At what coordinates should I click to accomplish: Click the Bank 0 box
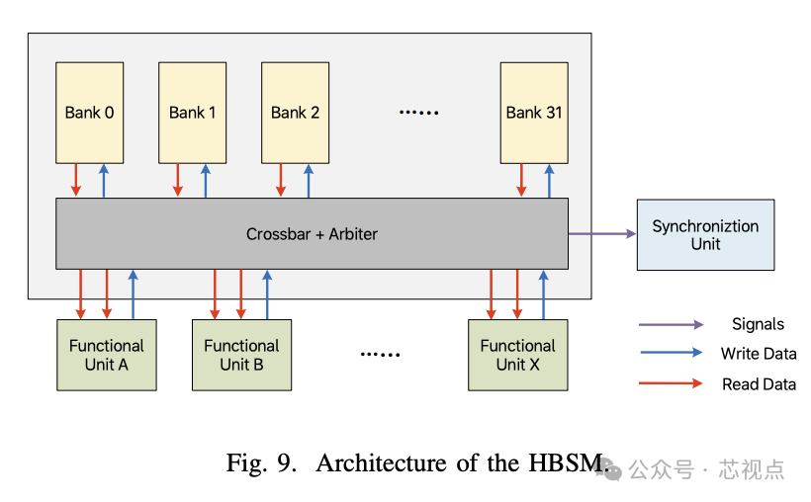(89, 112)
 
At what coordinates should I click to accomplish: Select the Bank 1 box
(192, 112)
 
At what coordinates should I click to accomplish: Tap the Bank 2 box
(295, 112)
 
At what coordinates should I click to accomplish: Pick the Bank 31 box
(534, 112)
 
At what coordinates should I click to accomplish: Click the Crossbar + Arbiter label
(312, 234)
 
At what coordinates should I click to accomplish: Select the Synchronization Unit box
(705, 234)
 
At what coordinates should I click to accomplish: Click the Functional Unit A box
(106, 355)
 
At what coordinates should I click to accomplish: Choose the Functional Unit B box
(241, 355)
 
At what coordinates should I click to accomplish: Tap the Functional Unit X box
(517, 355)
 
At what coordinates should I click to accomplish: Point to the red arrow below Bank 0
(76, 180)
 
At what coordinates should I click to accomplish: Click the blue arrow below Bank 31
(549, 180)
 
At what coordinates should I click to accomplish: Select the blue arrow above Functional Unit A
(133, 293)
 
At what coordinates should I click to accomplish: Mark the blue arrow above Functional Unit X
(543, 293)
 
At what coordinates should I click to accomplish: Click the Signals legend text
(758, 324)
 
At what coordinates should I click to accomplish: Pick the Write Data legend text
(758, 354)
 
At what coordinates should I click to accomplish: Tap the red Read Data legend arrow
(672, 383)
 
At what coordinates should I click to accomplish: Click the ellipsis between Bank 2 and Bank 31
(417, 113)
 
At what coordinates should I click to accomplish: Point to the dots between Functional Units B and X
(380, 355)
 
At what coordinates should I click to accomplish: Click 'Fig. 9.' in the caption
(261, 462)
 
